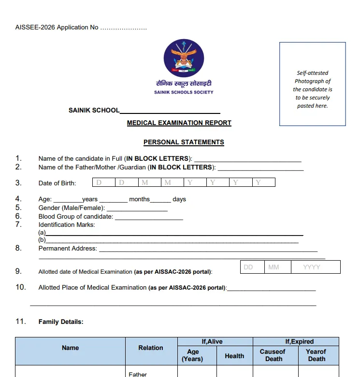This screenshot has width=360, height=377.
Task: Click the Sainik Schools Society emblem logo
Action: (x=184, y=58)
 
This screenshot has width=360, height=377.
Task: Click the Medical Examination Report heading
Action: (x=179, y=123)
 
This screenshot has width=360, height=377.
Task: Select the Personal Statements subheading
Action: (x=184, y=142)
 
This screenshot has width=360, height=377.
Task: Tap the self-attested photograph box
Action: (x=312, y=84)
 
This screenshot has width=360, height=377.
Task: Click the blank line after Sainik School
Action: (x=170, y=111)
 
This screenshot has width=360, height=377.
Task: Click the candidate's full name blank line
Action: (x=247, y=159)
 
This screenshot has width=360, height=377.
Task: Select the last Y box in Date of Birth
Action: (x=264, y=182)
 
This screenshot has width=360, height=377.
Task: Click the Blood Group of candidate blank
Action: (x=149, y=217)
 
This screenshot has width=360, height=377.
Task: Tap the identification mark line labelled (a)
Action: (x=169, y=233)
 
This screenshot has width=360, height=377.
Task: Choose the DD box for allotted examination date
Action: (x=252, y=267)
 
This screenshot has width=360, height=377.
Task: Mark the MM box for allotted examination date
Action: (x=277, y=267)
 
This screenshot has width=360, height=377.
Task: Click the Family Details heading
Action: (x=61, y=322)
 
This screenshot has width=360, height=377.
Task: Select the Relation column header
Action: (x=151, y=348)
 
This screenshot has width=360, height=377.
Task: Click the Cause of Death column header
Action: (x=273, y=355)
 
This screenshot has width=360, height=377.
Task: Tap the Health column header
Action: (x=234, y=356)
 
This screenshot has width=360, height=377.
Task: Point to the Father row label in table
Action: (x=138, y=374)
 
